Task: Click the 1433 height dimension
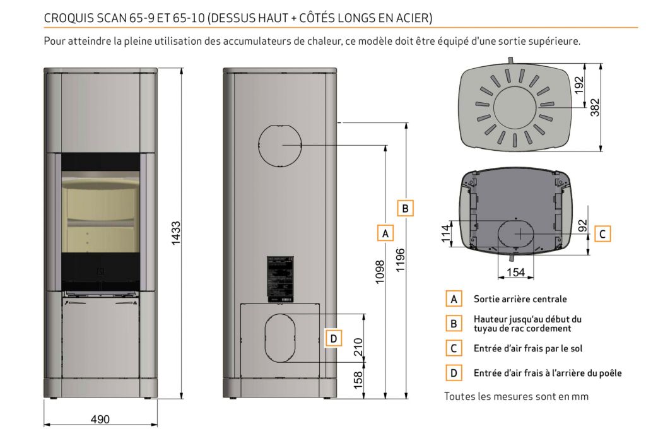177,234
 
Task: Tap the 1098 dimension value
379,272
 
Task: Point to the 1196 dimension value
400,260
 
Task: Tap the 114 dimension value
447,233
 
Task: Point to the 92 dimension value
582,225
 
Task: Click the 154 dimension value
515,273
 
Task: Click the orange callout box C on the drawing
602,234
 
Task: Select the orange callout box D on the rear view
334,339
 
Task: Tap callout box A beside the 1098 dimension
385,233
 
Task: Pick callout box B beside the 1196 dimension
406,208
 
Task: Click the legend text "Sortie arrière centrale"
520,299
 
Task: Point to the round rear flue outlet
278,144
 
